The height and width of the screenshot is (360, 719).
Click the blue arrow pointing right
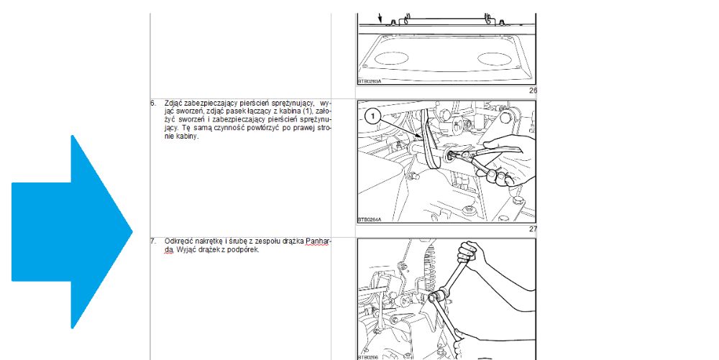pyautogui.click(x=72, y=232)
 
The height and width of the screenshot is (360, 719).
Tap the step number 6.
pyautogui.click(x=152, y=103)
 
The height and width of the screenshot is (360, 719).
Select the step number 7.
pyautogui.click(x=152, y=241)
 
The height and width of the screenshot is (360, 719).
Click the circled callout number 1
pyautogui.click(x=372, y=116)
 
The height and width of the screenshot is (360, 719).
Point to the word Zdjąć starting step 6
pyautogui.click(x=173, y=103)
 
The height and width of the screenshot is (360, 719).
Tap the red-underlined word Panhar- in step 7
pyautogui.click(x=319, y=241)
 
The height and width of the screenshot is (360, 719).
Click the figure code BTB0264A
pyautogui.click(x=369, y=220)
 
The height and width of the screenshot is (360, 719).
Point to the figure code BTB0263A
pyautogui.click(x=369, y=81)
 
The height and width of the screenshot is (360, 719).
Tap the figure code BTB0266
pyautogui.click(x=368, y=358)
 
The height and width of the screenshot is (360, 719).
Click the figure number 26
pyautogui.click(x=533, y=91)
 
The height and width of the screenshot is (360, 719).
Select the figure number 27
pyautogui.click(x=533, y=229)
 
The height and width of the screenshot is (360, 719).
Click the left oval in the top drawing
pyautogui.click(x=391, y=58)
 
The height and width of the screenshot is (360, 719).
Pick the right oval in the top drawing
pyautogui.click(x=495, y=59)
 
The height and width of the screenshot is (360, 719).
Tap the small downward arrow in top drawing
pyautogui.click(x=380, y=18)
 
